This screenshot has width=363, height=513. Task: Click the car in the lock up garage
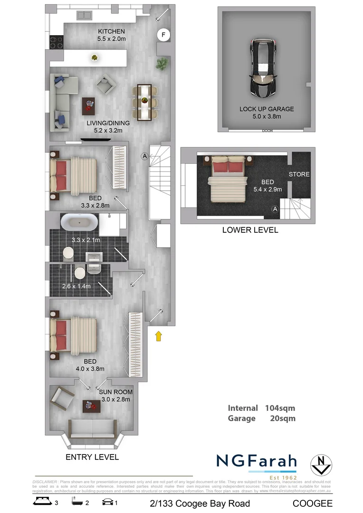(x=265, y=68)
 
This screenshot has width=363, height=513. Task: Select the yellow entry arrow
(x=159, y=336)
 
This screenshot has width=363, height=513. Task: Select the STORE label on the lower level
(x=299, y=174)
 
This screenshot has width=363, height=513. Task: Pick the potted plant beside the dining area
(x=162, y=63)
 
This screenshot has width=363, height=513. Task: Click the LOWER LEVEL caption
(x=250, y=230)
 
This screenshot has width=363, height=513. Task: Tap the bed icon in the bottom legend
(x=41, y=503)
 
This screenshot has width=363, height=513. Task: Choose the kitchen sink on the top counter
(x=83, y=16)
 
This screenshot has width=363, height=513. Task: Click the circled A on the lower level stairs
(x=275, y=209)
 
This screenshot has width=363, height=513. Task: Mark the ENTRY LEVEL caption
(x=92, y=457)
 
